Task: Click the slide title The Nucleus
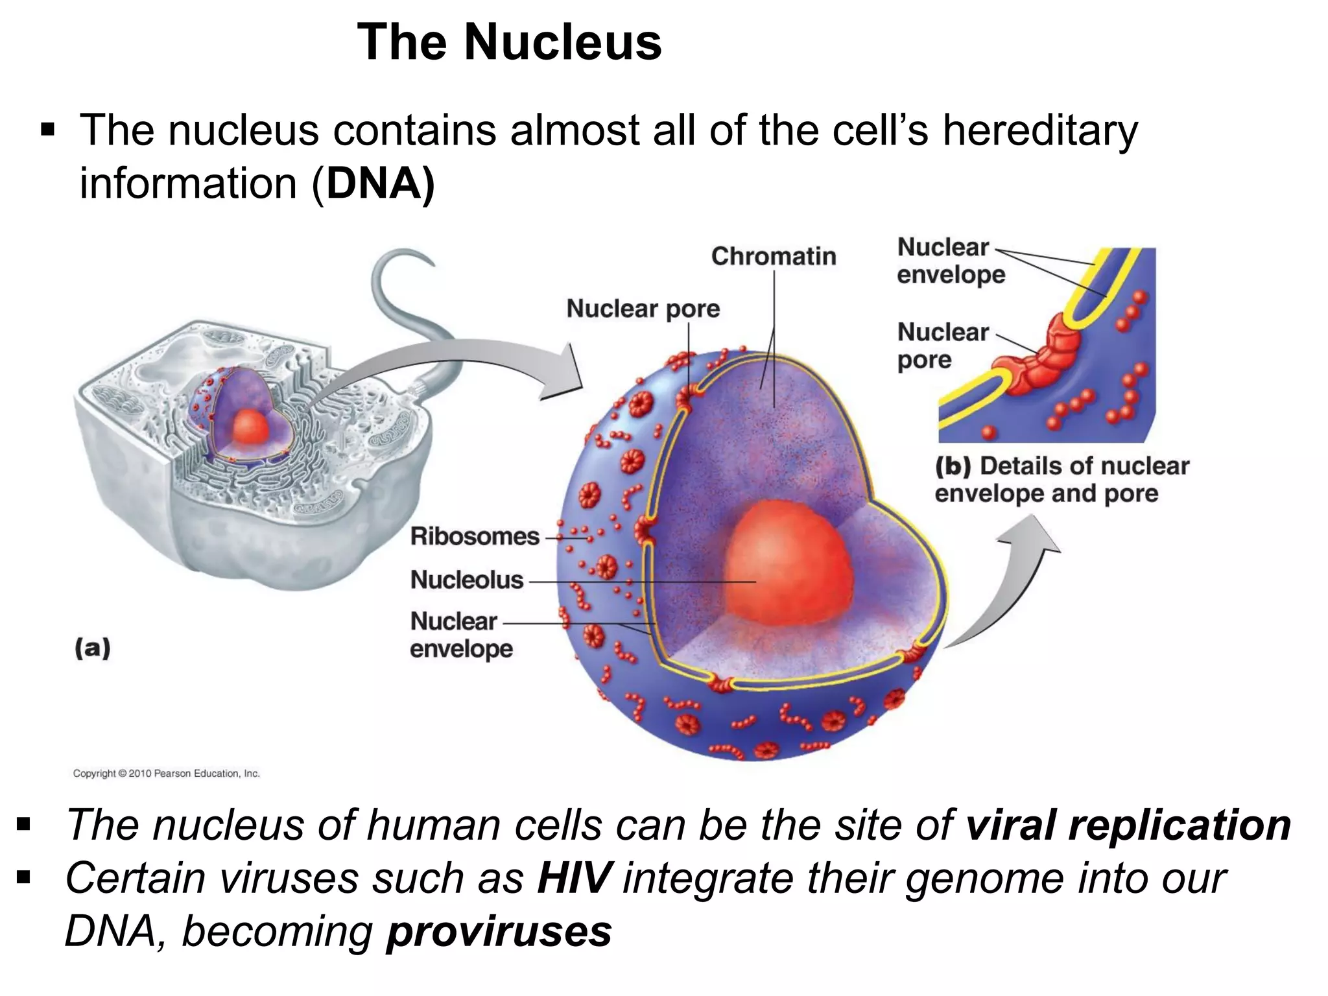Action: (509, 42)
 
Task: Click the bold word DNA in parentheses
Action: (374, 184)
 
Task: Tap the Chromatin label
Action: (773, 256)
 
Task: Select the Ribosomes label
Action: (475, 536)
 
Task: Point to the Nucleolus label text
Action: (466, 580)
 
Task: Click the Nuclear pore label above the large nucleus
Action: (643, 309)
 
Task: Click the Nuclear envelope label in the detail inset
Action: (950, 261)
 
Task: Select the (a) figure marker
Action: (93, 648)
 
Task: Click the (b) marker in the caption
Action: (953, 466)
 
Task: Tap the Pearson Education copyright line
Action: (166, 773)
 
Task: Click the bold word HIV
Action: (574, 878)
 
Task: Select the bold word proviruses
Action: (499, 931)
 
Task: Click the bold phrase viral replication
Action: (1128, 825)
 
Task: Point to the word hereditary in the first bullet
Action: (1039, 130)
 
